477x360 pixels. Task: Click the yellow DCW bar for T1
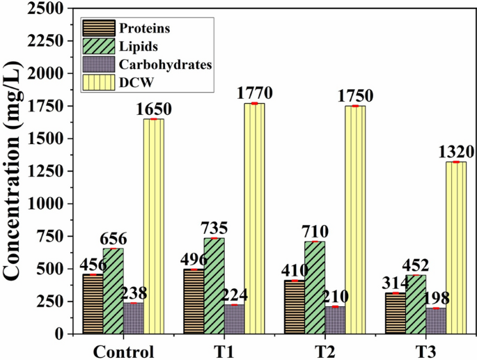coord(254,219)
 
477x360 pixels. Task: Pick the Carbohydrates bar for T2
coord(335,320)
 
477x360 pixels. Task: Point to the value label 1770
coord(254,93)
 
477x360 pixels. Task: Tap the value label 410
coord(295,270)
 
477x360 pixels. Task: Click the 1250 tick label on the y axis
coord(43,171)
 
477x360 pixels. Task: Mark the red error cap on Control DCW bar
coord(153,119)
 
